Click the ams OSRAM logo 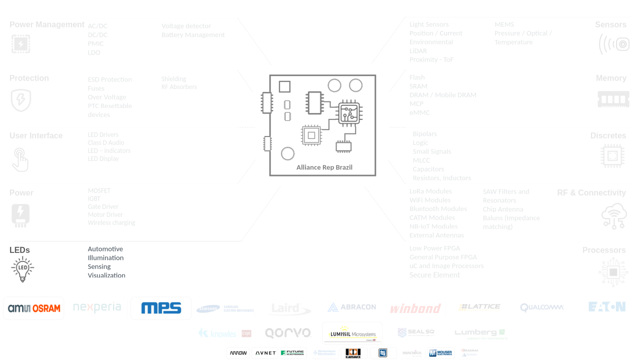point(34,308)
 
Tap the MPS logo point(161,308)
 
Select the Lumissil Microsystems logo point(352,333)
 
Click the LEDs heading point(19,250)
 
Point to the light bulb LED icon point(22,269)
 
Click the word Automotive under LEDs point(105,249)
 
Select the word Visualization point(106,275)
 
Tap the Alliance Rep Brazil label point(324,167)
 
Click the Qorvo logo point(288,333)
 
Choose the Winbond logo point(415,308)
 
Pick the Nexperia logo point(97,307)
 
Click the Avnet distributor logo point(265,353)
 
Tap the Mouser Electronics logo point(440,353)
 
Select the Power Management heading point(47,24)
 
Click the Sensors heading point(610,24)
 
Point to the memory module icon point(613,99)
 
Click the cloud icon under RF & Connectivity point(614,215)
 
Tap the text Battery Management point(193,35)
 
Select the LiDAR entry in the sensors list point(418,51)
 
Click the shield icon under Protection point(21,100)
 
